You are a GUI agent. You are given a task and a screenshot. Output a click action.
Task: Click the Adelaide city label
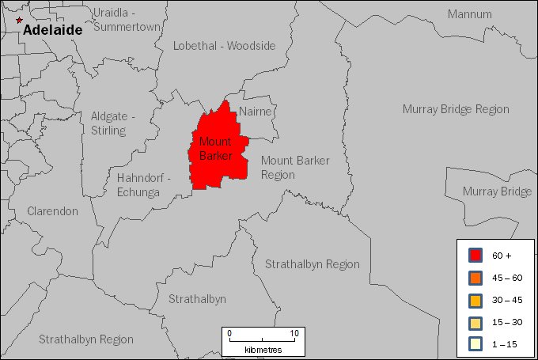(52, 30)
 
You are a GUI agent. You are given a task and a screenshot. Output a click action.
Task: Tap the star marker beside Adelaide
(19, 21)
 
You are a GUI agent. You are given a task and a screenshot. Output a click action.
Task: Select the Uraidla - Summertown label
(127, 20)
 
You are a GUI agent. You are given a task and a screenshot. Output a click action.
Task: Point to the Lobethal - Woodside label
(225, 46)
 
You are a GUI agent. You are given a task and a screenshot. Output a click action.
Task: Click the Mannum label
(469, 14)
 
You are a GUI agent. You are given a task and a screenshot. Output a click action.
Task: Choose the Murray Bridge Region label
(456, 109)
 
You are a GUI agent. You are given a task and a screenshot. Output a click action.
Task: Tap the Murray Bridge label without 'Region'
(497, 191)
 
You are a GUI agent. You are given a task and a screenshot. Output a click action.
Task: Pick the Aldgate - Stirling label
(112, 123)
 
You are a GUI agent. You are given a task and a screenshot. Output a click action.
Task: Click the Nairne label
(255, 112)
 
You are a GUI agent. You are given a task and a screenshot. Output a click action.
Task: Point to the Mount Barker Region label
(295, 167)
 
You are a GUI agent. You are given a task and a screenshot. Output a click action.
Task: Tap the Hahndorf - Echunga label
(143, 184)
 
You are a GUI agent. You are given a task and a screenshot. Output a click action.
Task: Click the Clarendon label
(52, 211)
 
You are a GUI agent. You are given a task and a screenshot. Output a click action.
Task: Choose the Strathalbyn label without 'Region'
(197, 299)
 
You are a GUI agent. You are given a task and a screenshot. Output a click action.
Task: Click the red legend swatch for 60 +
(475, 256)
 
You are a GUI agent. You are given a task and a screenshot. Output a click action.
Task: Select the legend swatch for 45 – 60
(475, 278)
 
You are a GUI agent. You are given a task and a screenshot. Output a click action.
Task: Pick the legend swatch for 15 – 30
(475, 322)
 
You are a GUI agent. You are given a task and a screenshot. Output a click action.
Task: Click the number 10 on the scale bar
(294, 333)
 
